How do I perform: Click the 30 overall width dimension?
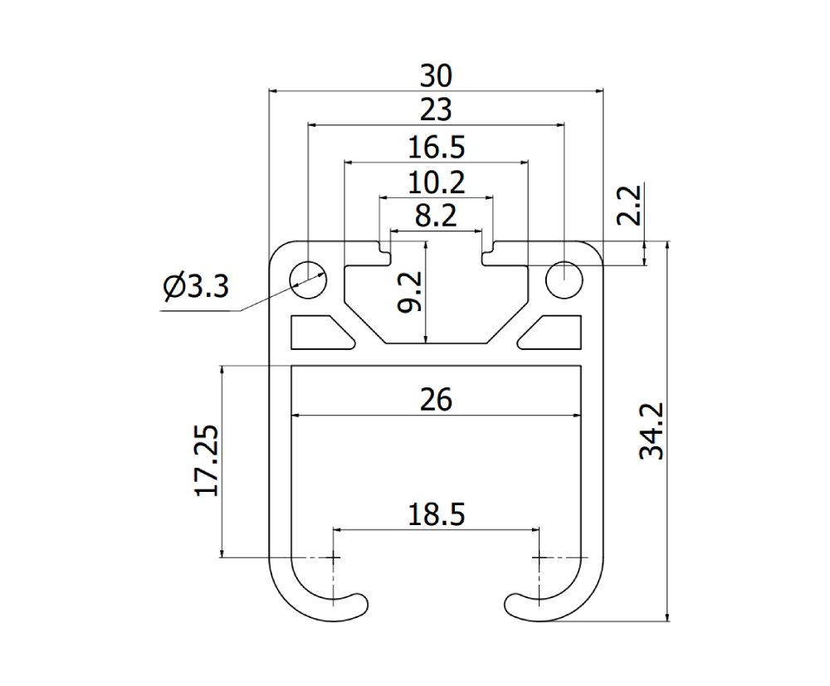[437, 75]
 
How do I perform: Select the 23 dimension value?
[437, 110]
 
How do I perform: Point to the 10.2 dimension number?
[437, 182]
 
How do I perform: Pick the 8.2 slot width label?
[436, 216]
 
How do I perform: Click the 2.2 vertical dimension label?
[630, 205]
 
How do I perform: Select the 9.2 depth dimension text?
[410, 292]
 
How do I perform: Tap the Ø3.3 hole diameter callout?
[196, 287]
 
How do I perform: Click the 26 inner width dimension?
[437, 400]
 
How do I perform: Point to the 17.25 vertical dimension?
[207, 460]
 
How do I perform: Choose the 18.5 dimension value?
[437, 514]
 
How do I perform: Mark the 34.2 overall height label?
[652, 431]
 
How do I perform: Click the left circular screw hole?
[308, 280]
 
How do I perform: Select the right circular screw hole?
[564, 280]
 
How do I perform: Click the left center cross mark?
[334, 557]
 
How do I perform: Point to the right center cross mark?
[539, 557]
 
